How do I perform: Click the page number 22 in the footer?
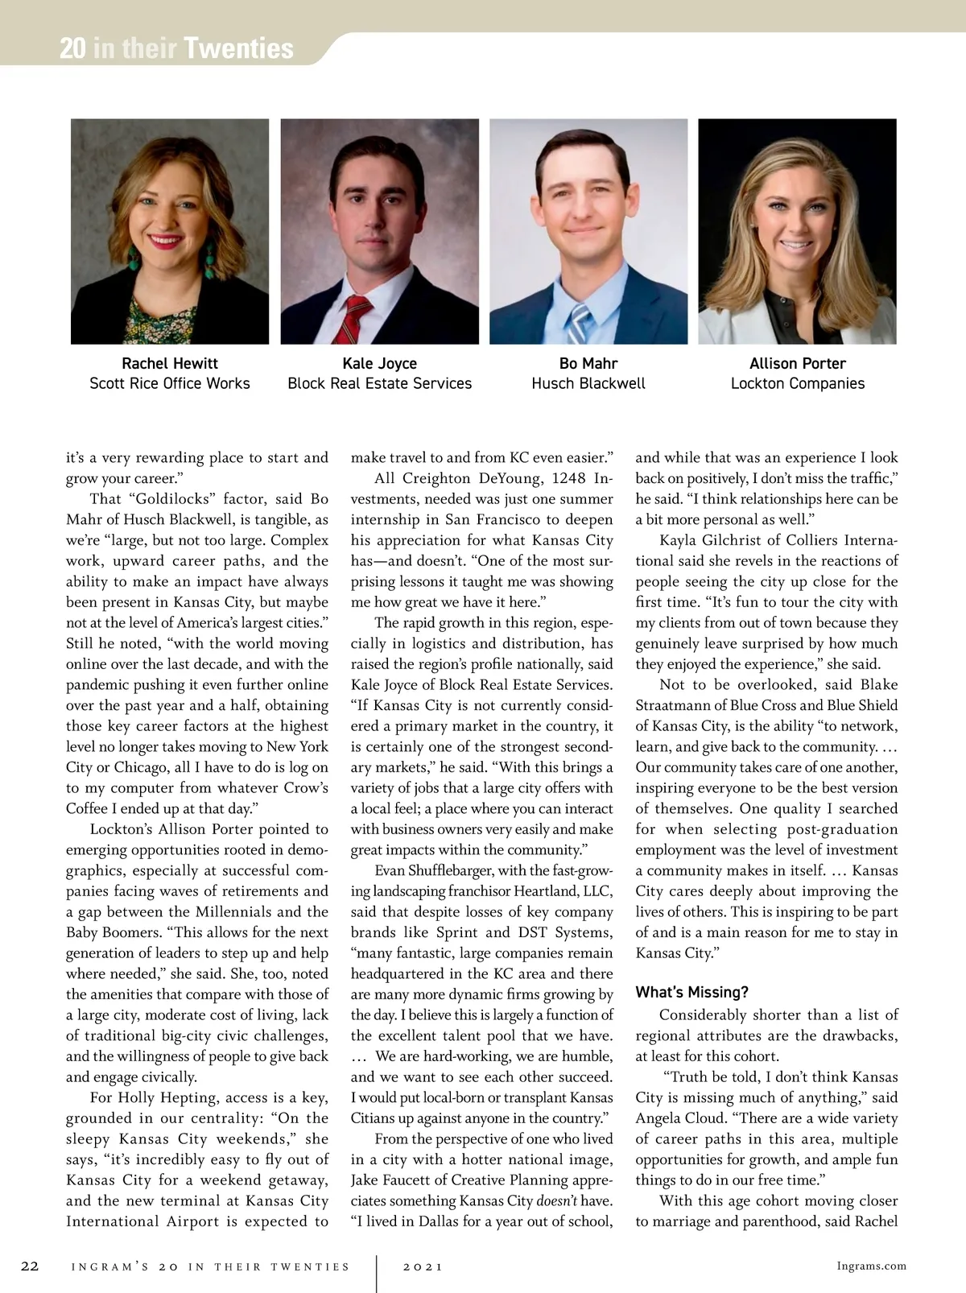30,1266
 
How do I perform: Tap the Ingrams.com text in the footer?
872,1266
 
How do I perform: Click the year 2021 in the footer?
423,1266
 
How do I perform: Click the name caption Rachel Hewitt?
170,363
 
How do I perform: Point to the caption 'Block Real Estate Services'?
380,383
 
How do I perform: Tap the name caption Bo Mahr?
588,363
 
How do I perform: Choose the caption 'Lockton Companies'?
798,383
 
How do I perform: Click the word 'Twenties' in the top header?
238,49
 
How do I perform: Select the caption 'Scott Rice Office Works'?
170,383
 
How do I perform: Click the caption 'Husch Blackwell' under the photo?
588,383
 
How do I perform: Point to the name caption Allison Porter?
798,363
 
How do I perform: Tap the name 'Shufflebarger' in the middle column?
451,870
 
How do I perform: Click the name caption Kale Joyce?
380,363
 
